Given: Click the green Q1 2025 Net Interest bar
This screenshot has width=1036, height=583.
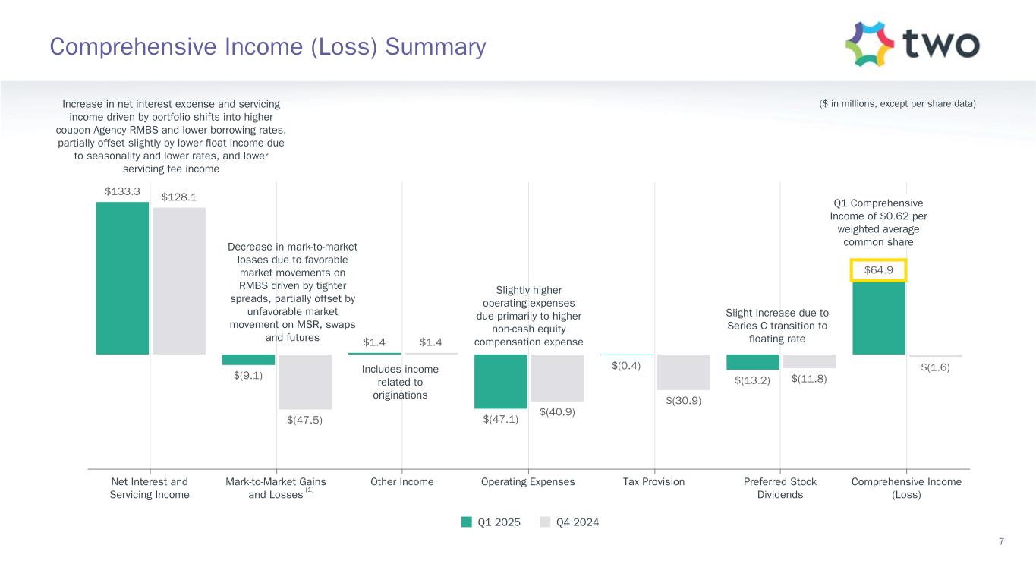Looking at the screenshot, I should pos(122,278).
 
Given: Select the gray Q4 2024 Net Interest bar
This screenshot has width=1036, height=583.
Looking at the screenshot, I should pos(179,281).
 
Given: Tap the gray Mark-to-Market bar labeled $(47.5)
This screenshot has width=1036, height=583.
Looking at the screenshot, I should pos(305,382).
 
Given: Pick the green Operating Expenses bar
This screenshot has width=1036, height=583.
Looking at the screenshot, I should pos(500,381).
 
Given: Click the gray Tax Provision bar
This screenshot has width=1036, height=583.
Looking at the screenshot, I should pos(683,372).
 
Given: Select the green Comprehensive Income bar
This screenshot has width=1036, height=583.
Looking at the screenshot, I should pos(879,317).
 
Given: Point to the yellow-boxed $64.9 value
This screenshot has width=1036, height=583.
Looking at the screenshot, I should pos(879,270).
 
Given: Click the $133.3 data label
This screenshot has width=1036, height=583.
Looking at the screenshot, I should pos(122,191).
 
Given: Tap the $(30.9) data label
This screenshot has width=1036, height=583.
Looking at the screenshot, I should pos(683,400).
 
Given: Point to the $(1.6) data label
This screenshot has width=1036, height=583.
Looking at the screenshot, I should pos(935,367).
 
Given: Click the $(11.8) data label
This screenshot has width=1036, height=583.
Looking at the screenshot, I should pos(809,380).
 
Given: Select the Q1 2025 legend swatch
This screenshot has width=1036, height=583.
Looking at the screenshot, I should pos(468,522).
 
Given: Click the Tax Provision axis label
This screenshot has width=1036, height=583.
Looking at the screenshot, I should pos(653,482).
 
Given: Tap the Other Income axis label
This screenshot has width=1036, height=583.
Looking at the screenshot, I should pos(402,482).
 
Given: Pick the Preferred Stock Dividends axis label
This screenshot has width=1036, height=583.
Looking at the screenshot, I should pos(780,488).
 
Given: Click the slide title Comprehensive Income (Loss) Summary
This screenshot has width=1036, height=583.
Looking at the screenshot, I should pos(268,47).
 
